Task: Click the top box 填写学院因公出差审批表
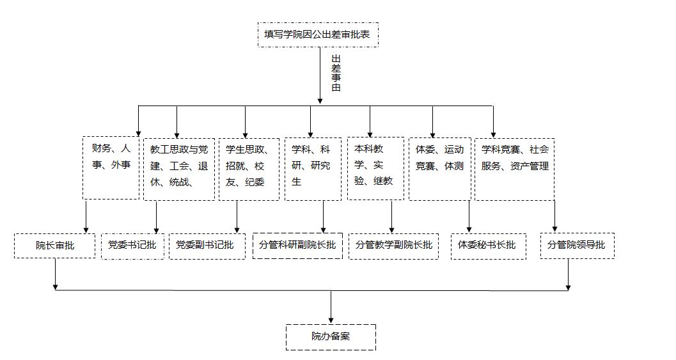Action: [x=318, y=34]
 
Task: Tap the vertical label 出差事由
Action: [x=336, y=73]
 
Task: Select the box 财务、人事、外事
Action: [x=111, y=168]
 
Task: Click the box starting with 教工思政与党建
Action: [x=178, y=169]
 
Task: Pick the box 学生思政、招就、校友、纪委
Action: [x=249, y=169]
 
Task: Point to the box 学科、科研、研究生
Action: [x=313, y=169]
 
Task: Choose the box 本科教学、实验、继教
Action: [x=375, y=168]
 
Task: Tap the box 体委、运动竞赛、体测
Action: [x=440, y=168]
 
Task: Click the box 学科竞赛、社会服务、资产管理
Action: [x=514, y=169]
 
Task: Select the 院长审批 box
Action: [x=54, y=246]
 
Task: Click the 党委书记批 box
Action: [x=132, y=246]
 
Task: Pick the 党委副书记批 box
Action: [x=207, y=246]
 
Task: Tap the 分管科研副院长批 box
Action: [x=298, y=246]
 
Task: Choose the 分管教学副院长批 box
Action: [x=393, y=246]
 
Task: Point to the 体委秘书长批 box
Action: [x=489, y=246]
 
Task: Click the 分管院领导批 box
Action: [x=577, y=246]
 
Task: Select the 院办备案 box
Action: [x=331, y=337]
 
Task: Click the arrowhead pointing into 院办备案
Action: [x=331, y=320]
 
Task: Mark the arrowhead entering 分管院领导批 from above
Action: [x=554, y=228]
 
